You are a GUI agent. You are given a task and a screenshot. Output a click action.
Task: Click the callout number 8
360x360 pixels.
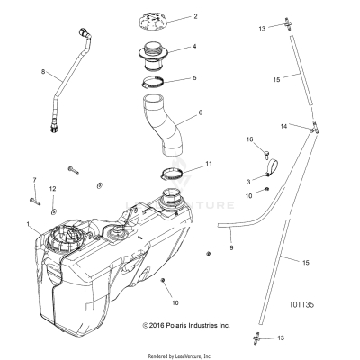tap(41, 71)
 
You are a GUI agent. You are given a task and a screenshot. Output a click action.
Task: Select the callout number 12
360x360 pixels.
tap(52, 187)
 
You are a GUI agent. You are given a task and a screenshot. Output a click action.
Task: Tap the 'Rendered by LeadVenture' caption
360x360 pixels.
tap(180, 355)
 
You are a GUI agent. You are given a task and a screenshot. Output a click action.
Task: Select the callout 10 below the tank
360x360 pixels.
tap(175, 303)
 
